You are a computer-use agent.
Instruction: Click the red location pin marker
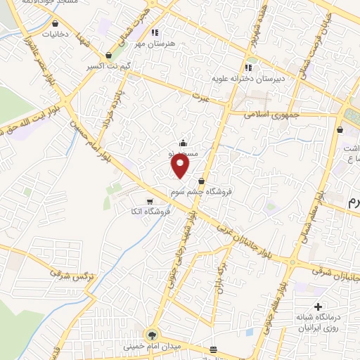click(x=181, y=165)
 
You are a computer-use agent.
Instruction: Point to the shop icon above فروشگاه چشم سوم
click(x=201, y=181)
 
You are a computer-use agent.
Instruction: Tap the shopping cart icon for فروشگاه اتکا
click(x=150, y=202)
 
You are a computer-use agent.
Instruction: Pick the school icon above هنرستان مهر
click(x=155, y=32)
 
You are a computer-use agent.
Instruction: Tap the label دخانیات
click(x=56, y=34)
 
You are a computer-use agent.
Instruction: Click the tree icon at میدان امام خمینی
click(x=151, y=334)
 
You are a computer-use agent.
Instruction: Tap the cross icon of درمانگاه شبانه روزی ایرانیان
click(x=319, y=307)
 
